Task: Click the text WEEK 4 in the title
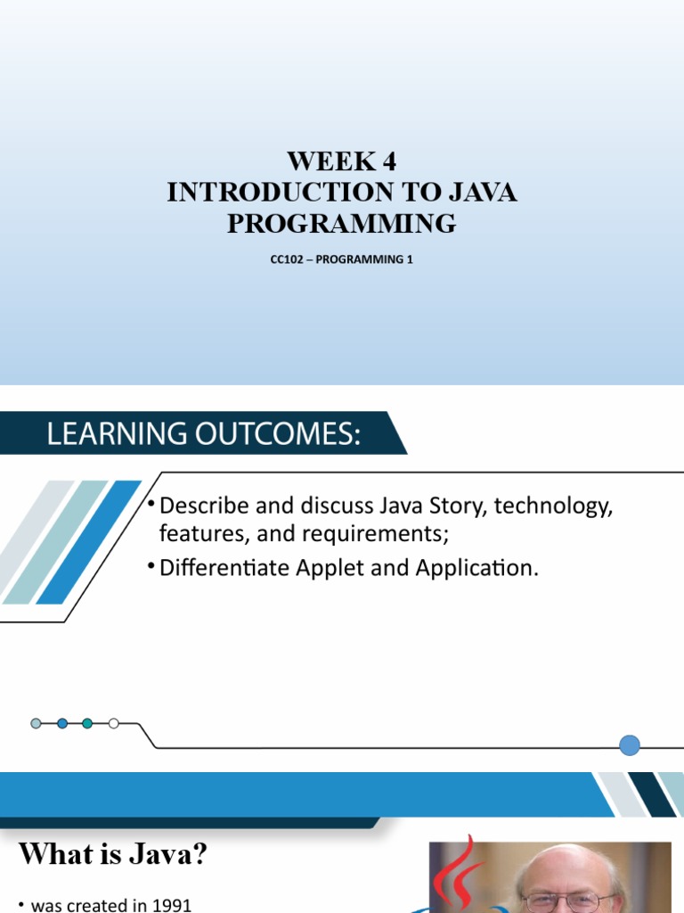(x=341, y=162)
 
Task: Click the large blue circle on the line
(x=630, y=745)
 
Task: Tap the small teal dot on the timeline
(x=87, y=723)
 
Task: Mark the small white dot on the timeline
(x=113, y=723)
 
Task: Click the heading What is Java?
(x=113, y=855)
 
